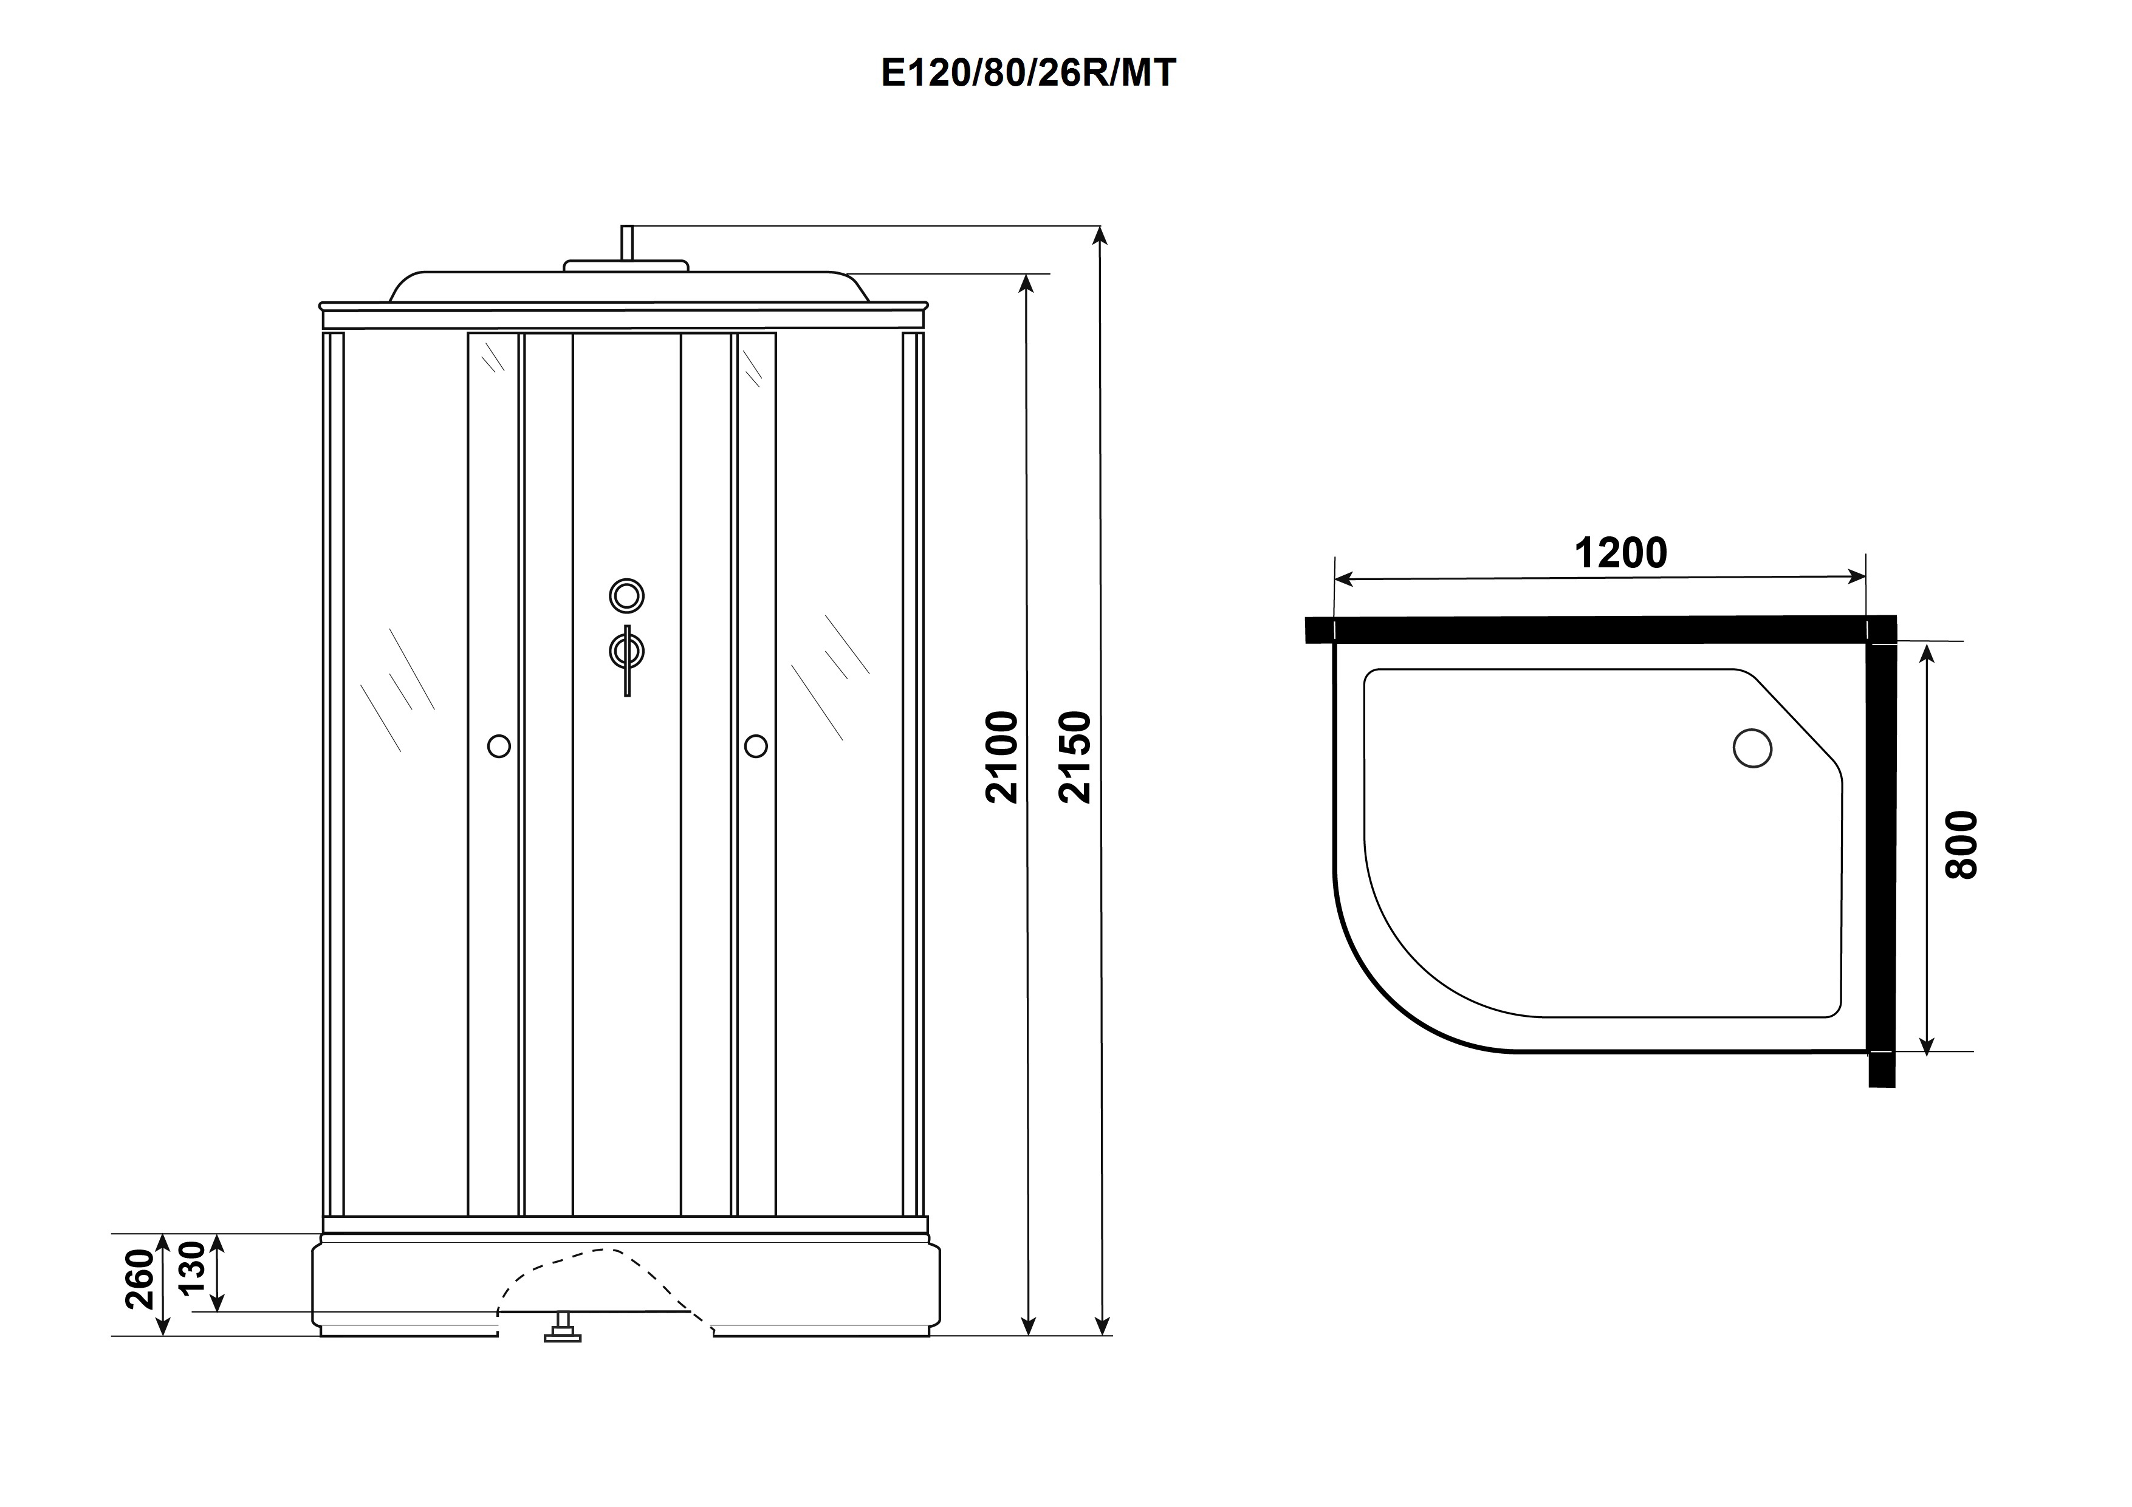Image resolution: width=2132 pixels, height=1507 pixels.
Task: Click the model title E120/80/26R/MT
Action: tap(1028, 72)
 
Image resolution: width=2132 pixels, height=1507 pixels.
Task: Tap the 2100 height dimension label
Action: tap(1003, 757)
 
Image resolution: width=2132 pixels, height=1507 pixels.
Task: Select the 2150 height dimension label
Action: tap(1075, 757)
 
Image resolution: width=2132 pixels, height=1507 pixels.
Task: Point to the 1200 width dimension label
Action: tap(1620, 553)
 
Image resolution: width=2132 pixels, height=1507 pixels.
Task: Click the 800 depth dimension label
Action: tap(1961, 845)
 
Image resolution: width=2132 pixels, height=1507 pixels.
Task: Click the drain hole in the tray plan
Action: tap(1752, 748)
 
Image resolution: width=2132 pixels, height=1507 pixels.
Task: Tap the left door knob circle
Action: tap(499, 746)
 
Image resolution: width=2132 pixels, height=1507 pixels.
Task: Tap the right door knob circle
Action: tap(756, 746)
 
